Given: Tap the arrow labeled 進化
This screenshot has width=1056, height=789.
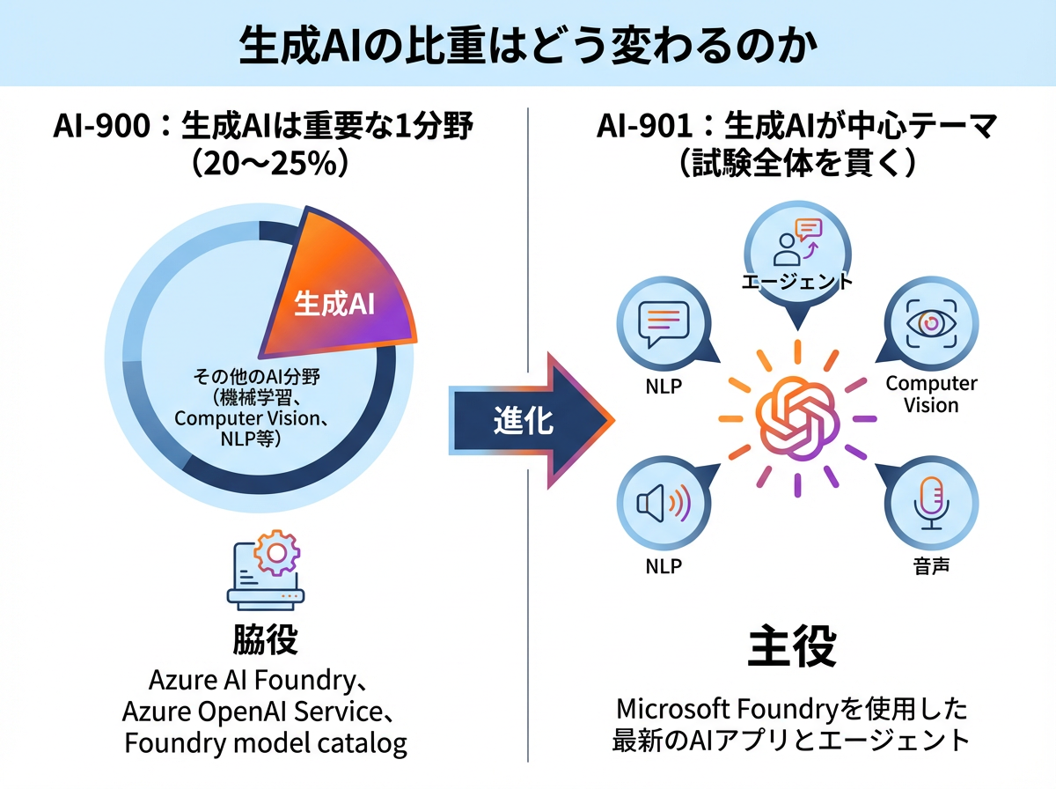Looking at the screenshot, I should (528, 420).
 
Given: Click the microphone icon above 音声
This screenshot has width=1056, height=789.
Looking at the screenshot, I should (931, 505).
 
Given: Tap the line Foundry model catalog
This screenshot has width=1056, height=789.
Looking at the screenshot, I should (265, 743).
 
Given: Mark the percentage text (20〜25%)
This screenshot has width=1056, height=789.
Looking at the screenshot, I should (265, 163).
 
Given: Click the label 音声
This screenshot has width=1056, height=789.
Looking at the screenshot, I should (931, 565).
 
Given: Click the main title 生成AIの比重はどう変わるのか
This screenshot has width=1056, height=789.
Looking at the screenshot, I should (528, 47).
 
